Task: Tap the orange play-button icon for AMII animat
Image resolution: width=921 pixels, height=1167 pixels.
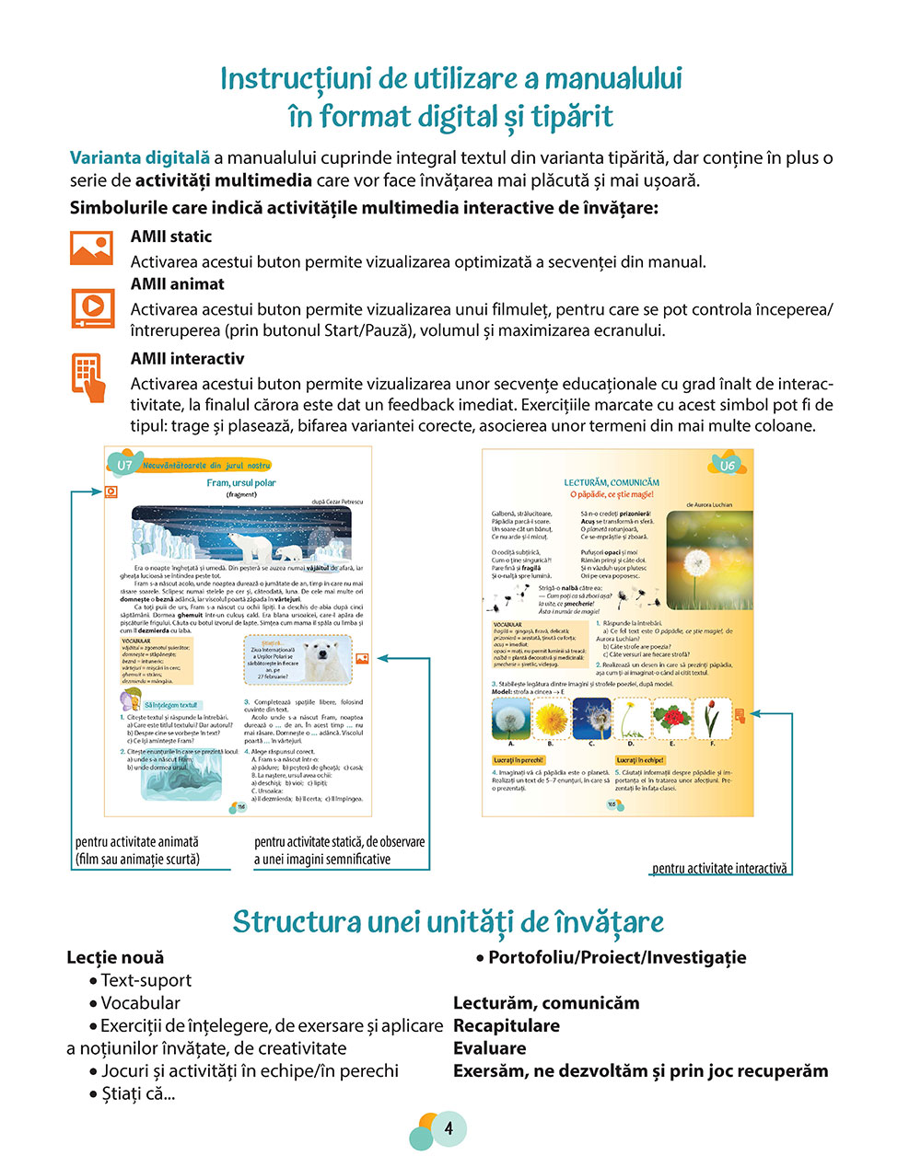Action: point(93,307)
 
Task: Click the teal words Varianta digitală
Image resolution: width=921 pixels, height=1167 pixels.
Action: point(140,157)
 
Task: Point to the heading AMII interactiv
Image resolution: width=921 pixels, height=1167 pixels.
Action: point(187,359)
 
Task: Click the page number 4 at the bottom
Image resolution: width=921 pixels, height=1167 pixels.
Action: point(449,1128)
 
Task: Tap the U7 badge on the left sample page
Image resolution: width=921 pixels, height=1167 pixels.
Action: point(124,465)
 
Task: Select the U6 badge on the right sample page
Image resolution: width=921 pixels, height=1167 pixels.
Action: point(728,466)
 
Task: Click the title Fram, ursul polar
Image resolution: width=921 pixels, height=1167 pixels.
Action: point(240,482)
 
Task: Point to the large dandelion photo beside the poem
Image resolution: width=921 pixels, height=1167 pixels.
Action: point(708,559)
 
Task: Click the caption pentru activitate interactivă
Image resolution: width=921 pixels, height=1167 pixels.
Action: point(719,868)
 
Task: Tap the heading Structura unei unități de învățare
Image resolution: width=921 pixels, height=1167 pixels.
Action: point(448,921)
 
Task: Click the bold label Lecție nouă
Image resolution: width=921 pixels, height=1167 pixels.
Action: point(115,957)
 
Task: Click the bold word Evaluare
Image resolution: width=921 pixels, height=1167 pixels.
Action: point(489,1048)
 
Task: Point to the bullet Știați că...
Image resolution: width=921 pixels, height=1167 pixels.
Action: point(137,1093)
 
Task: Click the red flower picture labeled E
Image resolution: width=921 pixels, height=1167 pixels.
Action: point(671,718)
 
